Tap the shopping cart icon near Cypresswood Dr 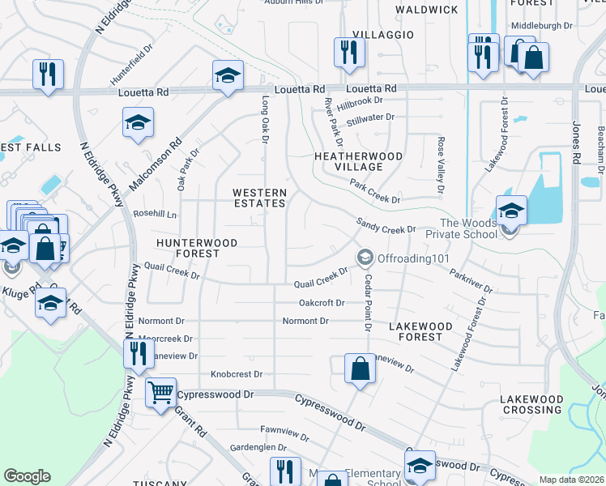pyautogui.click(x=160, y=392)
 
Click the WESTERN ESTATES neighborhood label pyautogui.click(x=259, y=198)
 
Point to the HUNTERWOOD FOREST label pyautogui.click(x=197, y=248)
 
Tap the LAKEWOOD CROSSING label pyautogui.click(x=531, y=404)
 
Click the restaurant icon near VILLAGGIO pyautogui.click(x=349, y=53)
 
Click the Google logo pyautogui.click(x=27, y=476)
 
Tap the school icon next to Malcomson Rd pyautogui.click(x=139, y=123)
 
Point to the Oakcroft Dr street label pyautogui.click(x=322, y=303)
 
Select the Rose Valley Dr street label pyautogui.click(x=442, y=166)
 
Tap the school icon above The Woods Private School pyautogui.click(x=511, y=211)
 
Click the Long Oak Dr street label pyautogui.click(x=264, y=120)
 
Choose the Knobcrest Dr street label pyautogui.click(x=237, y=374)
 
